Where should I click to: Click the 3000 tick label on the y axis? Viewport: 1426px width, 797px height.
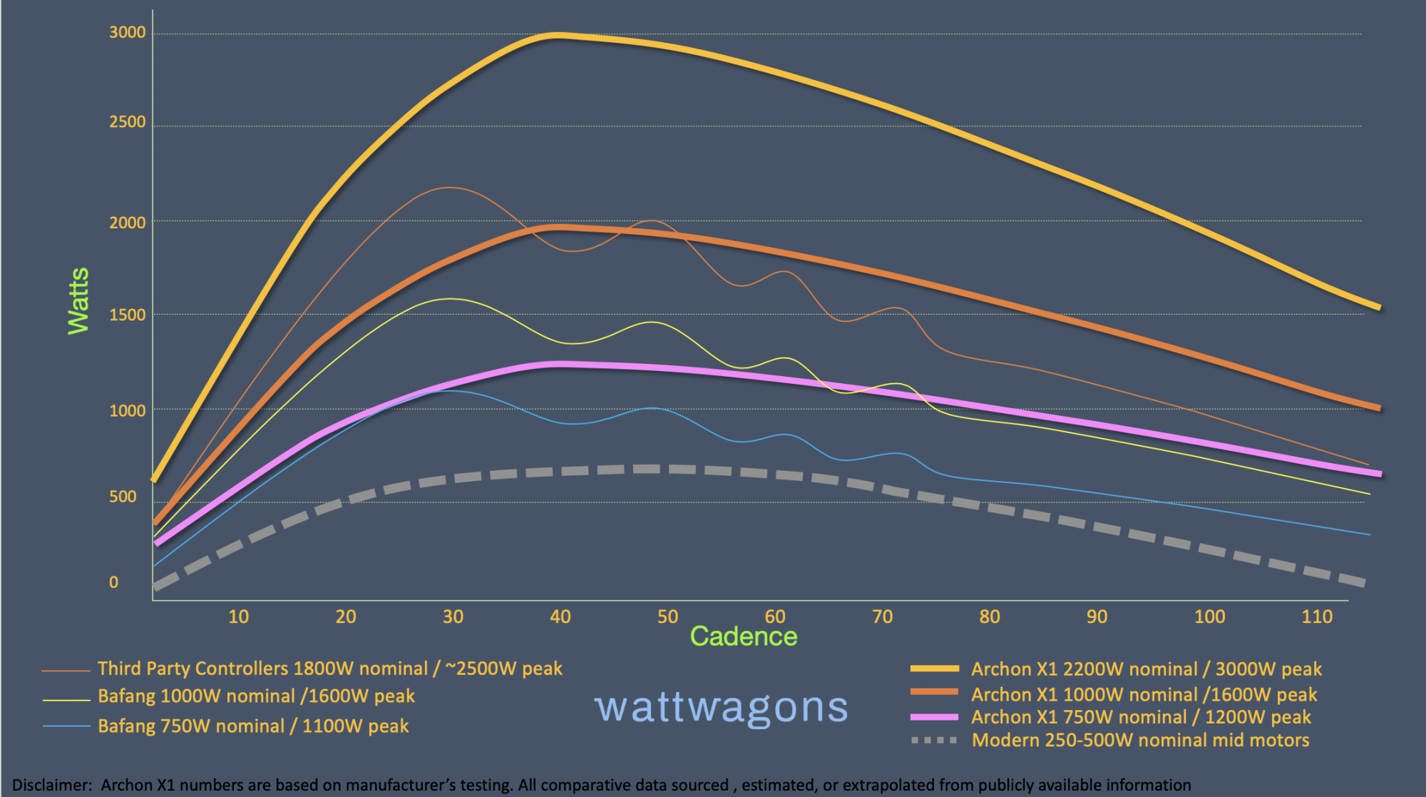127,32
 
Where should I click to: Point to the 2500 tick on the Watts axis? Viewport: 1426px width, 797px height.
127,122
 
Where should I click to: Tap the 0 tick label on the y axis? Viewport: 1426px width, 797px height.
113,582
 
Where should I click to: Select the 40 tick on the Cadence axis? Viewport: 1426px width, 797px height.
560,616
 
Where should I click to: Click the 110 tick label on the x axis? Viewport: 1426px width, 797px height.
1316,616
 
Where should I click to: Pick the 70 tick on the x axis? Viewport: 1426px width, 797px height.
882,616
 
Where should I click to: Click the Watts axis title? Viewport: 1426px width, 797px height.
78,300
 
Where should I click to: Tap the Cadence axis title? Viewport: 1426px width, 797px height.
743,636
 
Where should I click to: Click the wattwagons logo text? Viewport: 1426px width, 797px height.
721,707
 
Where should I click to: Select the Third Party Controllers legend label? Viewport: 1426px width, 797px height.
329,669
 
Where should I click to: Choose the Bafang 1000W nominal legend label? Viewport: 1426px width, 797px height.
256,696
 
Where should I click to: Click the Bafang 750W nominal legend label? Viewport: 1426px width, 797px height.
253,726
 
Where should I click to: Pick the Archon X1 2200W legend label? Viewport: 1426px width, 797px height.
1146,669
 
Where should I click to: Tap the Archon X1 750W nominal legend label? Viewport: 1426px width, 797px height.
1141,717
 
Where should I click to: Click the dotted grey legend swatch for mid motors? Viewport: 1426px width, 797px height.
934,741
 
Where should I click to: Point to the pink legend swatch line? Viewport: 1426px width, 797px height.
934,717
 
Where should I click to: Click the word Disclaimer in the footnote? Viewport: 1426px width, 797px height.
51,785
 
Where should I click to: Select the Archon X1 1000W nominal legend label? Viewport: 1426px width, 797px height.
1144,694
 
